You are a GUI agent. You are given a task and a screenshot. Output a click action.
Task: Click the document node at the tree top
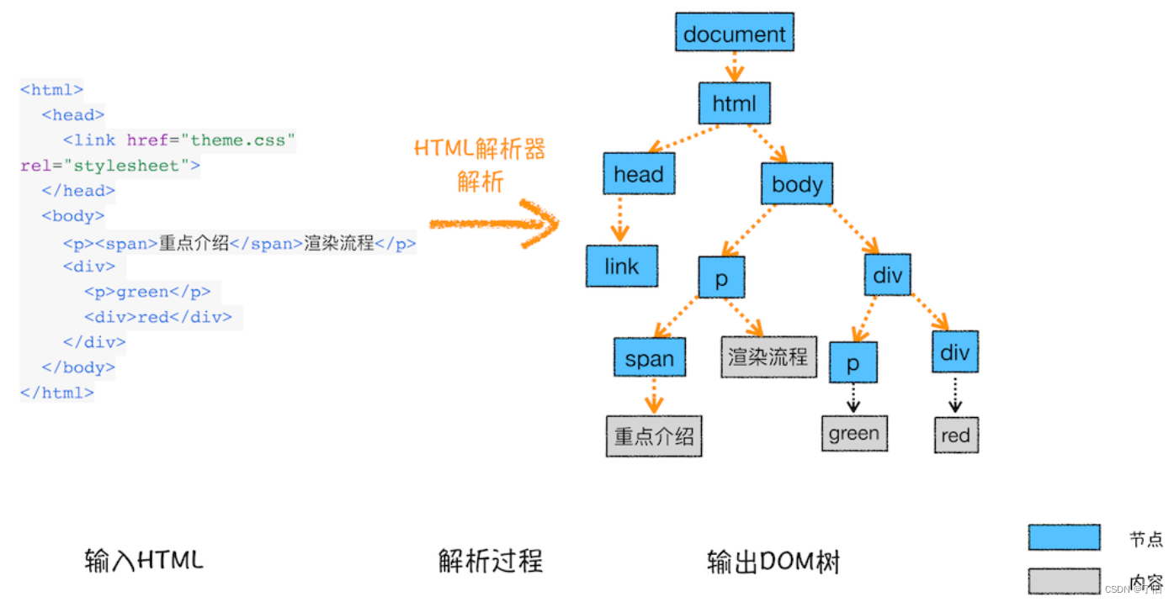click(x=734, y=34)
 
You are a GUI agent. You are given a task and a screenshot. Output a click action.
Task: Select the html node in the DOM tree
click(x=734, y=104)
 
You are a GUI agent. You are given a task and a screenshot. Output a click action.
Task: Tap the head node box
click(x=639, y=174)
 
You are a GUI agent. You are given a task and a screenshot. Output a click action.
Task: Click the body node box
click(x=796, y=184)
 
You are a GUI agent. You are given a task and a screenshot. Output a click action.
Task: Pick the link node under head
click(x=621, y=267)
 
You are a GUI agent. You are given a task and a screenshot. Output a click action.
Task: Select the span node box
click(x=649, y=358)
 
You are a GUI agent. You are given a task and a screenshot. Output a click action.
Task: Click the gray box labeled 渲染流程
click(x=768, y=356)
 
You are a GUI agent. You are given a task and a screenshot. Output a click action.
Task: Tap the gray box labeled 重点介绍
click(x=654, y=436)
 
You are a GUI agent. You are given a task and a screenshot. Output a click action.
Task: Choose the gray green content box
click(x=853, y=433)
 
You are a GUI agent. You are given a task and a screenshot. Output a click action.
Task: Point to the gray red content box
click(x=955, y=436)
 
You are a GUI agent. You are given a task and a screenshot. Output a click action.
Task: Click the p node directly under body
click(x=721, y=278)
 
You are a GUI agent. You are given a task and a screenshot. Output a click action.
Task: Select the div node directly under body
click(x=887, y=275)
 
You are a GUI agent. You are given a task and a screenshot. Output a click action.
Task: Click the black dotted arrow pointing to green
click(x=853, y=398)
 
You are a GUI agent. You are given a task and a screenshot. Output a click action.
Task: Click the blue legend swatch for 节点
click(x=1064, y=537)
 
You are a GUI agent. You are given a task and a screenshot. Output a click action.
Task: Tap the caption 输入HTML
click(x=144, y=560)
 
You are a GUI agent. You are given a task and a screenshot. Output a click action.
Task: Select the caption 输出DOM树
click(x=773, y=561)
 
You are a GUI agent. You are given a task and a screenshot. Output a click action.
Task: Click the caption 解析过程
click(x=491, y=561)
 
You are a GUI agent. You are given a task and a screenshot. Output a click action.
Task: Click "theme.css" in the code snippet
click(x=243, y=140)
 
